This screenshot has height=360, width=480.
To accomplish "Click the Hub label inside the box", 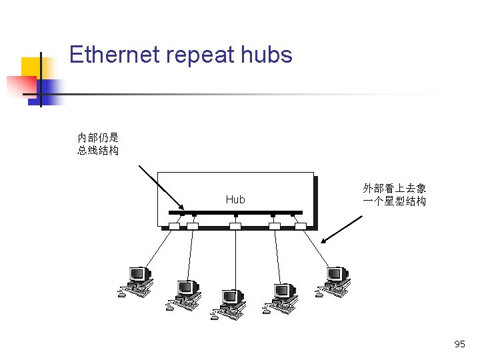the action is pos(235,199).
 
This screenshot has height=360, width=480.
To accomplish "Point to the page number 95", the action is pos(459,344).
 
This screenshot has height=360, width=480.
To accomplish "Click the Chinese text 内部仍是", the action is pos(98,137).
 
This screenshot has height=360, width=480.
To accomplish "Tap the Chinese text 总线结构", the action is pos(98,151).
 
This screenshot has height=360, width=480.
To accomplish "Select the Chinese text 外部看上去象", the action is pos(395,189).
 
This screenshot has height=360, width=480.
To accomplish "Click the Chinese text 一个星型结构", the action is pos(395,201).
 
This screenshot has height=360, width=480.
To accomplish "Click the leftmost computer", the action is pos(136,281).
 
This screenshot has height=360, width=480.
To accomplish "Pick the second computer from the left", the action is pos(184,295).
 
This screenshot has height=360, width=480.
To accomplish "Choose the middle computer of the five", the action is pos(229,304).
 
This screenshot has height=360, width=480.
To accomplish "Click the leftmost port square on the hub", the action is pos(174,227).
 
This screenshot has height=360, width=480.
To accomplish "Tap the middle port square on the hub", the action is pos(235,227).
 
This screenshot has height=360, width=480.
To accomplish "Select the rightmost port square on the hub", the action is pos(300,227).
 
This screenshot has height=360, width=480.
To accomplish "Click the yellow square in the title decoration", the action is pos(30,67).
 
